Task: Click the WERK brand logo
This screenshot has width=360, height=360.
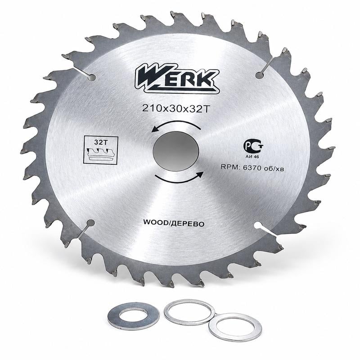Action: pos(177,78)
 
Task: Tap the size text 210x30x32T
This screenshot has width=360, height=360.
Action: pos(176,108)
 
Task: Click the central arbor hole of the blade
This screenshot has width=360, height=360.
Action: pos(175,151)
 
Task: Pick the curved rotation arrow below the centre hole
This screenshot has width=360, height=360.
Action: pos(179,180)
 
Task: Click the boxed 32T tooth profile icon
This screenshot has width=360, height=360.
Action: pos(101,150)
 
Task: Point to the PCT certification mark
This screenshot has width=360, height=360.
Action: pos(253,146)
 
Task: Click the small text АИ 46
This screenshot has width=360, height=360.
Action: pos(252,157)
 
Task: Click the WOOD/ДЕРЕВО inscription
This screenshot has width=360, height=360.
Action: pos(174,223)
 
